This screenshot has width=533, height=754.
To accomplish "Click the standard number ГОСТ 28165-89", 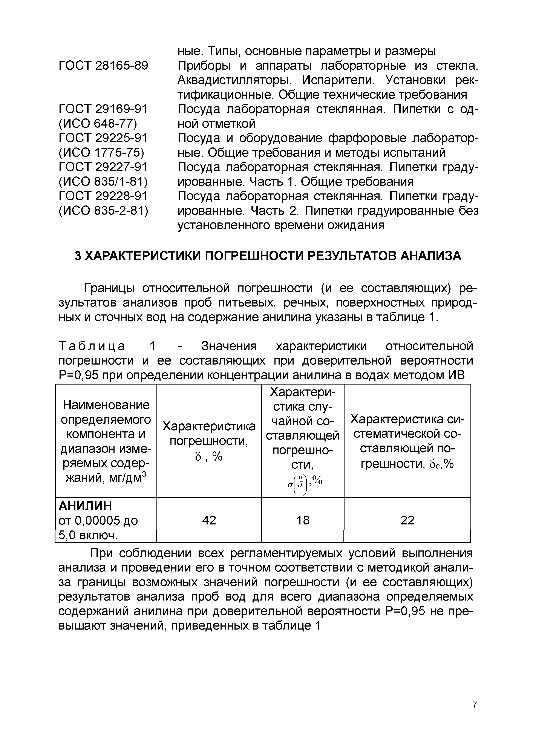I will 103,66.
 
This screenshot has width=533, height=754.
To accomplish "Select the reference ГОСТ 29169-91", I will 103,109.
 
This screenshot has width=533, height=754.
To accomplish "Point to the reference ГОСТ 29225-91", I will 103,138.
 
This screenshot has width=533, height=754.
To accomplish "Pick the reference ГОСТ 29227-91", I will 103,167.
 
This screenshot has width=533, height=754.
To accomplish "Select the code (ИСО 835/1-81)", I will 103,182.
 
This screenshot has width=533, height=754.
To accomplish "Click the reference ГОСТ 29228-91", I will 103,196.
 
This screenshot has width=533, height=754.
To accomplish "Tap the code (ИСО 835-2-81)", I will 103,210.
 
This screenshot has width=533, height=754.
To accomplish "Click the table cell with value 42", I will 209,520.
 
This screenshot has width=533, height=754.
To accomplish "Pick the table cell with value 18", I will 302,520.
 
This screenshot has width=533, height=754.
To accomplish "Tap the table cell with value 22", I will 407,520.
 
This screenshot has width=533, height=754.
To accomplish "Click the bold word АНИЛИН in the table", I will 85,506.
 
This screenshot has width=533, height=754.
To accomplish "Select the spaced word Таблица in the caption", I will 92,346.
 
